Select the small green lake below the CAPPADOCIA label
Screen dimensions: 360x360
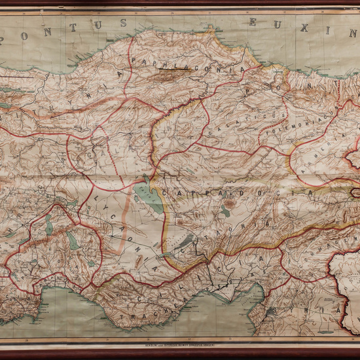(x=226, y=212)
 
